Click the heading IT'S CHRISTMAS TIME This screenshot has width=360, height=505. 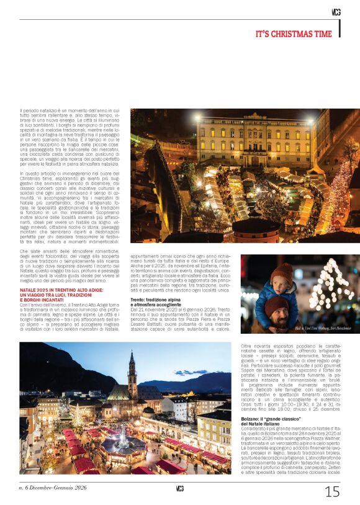coord(294,34)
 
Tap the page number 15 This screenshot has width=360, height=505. coord(332,491)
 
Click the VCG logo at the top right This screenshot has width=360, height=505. coord(336,12)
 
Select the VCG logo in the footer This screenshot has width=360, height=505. coord(179,488)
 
